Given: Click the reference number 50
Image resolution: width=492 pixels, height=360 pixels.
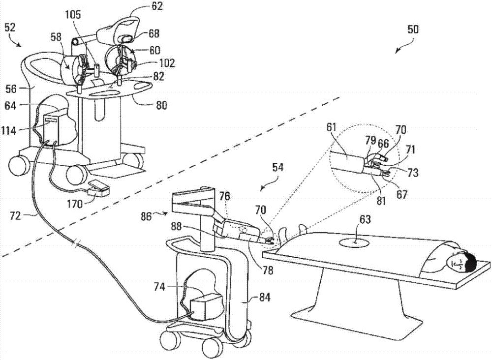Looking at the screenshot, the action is [x=413, y=30].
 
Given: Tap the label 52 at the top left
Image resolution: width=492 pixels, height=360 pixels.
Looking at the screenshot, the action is [x=10, y=28].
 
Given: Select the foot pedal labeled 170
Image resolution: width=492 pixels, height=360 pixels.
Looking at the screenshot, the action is [x=98, y=188].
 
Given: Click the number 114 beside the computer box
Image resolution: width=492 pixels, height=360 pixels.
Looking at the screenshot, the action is [x=8, y=130].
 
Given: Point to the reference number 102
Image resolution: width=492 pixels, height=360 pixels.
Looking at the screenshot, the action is [x=166, y=63].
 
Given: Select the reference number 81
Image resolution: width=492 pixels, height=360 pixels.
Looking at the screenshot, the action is [x=381, y=200].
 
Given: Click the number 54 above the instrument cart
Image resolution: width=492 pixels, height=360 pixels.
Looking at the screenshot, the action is [x=277, y=167].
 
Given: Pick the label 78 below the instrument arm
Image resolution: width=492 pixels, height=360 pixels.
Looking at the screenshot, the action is [x=268, y=270].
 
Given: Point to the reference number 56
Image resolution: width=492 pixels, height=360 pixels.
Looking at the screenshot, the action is [x=11, y=89].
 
